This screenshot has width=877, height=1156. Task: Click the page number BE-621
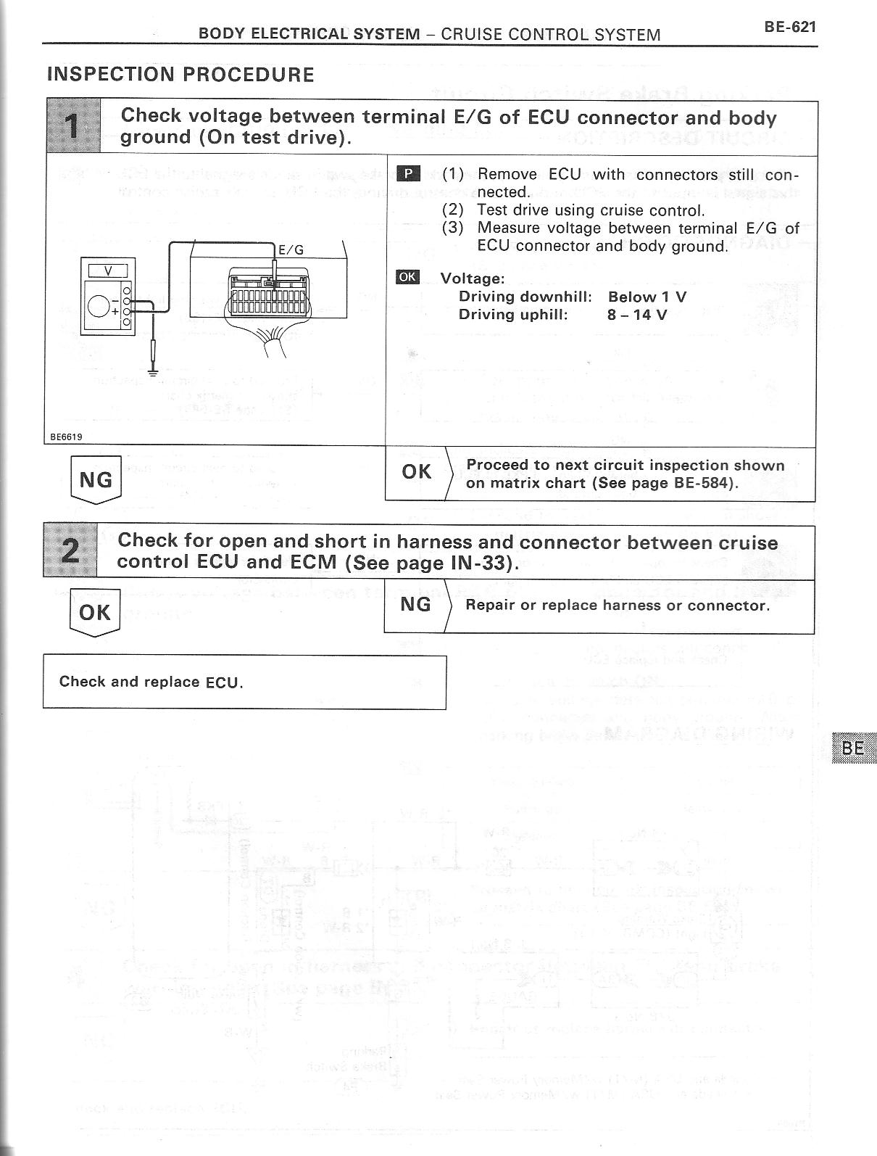coord(789,28)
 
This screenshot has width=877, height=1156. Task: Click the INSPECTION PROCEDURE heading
coord(180,75)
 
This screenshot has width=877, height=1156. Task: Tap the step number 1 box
coord(73,128)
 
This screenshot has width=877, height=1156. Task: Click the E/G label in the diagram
coord(291,250)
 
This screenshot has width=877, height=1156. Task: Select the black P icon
coord(409,173)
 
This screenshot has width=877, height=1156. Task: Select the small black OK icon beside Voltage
coord(408,277)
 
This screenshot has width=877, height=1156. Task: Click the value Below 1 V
coord(647,297)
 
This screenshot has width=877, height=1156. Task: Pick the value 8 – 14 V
coord(637,315)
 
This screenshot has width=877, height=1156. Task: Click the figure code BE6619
coord(66,437)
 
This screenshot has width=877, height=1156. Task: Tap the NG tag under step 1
coord(96,480)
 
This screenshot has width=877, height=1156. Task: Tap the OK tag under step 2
coord(95,613)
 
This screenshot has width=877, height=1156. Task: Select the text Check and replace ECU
coord(151,682)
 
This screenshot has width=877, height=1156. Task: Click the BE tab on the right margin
coord(855,748)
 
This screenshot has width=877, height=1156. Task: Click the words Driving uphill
coord(513,315)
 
